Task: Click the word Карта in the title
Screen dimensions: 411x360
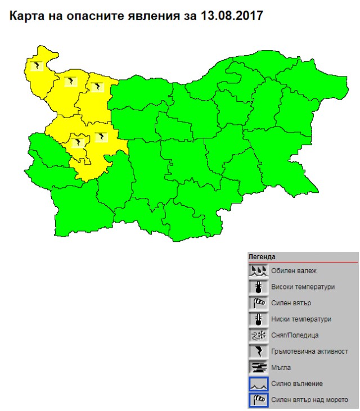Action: coord(27,15)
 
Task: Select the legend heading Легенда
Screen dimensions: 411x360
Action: coord(262,257)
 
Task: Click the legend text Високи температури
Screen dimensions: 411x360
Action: coord(303,287)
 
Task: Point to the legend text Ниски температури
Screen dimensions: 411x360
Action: coord(301,319)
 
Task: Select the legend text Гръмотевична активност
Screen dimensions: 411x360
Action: coord(309,351)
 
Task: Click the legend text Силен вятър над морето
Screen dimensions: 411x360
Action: coord(309,400)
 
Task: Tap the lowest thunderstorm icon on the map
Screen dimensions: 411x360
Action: coord(78,142)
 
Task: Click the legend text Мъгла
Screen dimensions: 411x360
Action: coord(281,368)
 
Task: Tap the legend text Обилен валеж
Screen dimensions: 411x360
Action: coord(294,270)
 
